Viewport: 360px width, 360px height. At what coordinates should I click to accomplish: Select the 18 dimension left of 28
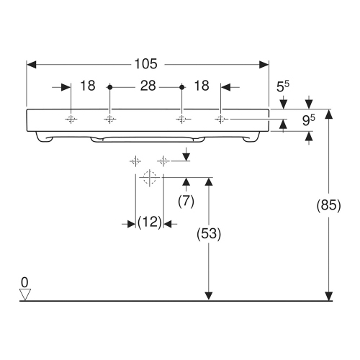coord(88,86)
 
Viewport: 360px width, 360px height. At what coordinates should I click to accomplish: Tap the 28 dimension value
coord(148,86)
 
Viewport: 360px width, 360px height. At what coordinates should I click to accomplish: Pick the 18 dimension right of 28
coord(202,86)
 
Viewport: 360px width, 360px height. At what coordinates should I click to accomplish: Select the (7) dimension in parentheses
coord(186,202)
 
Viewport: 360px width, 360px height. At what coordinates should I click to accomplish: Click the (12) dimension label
coord(149,224)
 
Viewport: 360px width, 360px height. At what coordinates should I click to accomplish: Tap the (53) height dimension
coord(209,234)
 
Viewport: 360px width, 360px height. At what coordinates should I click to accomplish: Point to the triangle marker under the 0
coord(26,294)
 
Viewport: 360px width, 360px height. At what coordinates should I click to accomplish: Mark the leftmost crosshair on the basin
coord(71,119)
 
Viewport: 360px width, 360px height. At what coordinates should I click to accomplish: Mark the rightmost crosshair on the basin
coord(221,119)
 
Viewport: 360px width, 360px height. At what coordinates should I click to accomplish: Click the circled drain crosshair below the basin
coord(149,177)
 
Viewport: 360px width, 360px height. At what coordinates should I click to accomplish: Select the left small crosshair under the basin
coord(134,160)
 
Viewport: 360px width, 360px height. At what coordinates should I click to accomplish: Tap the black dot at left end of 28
coord(109,87)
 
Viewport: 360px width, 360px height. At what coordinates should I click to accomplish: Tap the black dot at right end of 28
coord(182,87)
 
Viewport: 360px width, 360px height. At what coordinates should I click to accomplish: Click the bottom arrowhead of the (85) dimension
coord(329,295)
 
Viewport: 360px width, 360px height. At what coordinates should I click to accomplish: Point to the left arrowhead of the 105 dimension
coord(31,63)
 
